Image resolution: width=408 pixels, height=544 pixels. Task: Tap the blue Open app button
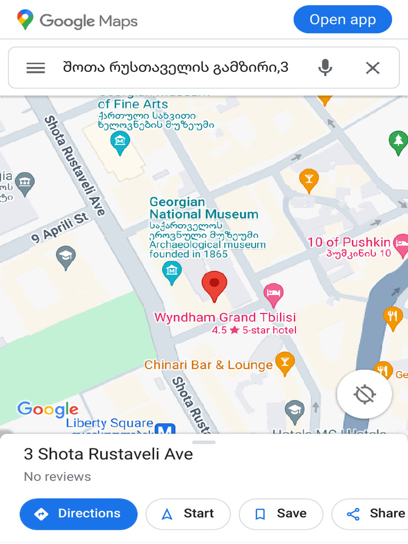click(x=343, y=20)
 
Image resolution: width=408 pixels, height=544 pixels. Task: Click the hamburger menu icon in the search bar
click(x=36, y=68)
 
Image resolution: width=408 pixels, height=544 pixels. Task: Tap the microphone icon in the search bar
click(x=325, y=68)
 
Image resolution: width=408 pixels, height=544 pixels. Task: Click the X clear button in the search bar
click(x=373, y=68)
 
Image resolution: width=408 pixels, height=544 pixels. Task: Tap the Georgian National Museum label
click(x=203, y=208)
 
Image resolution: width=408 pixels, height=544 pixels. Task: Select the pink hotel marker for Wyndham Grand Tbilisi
click(x=274, y=294)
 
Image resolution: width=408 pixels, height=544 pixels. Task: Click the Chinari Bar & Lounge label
click(x=208, y=365)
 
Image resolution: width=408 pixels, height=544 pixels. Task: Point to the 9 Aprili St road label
click(x=60, y=228)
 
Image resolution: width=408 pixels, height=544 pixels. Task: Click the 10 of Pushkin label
click(x=349, y=242)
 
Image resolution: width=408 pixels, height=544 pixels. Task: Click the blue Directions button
click(x=79, y=514)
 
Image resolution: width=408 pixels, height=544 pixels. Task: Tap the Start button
click(x=188, y=514)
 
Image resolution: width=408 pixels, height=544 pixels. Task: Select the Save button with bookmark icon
click(x=281, y=514)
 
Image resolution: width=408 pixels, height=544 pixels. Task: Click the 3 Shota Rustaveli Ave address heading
click(x=108, y=454)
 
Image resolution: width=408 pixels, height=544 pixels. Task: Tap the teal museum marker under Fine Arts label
click(x=120, y=142)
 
